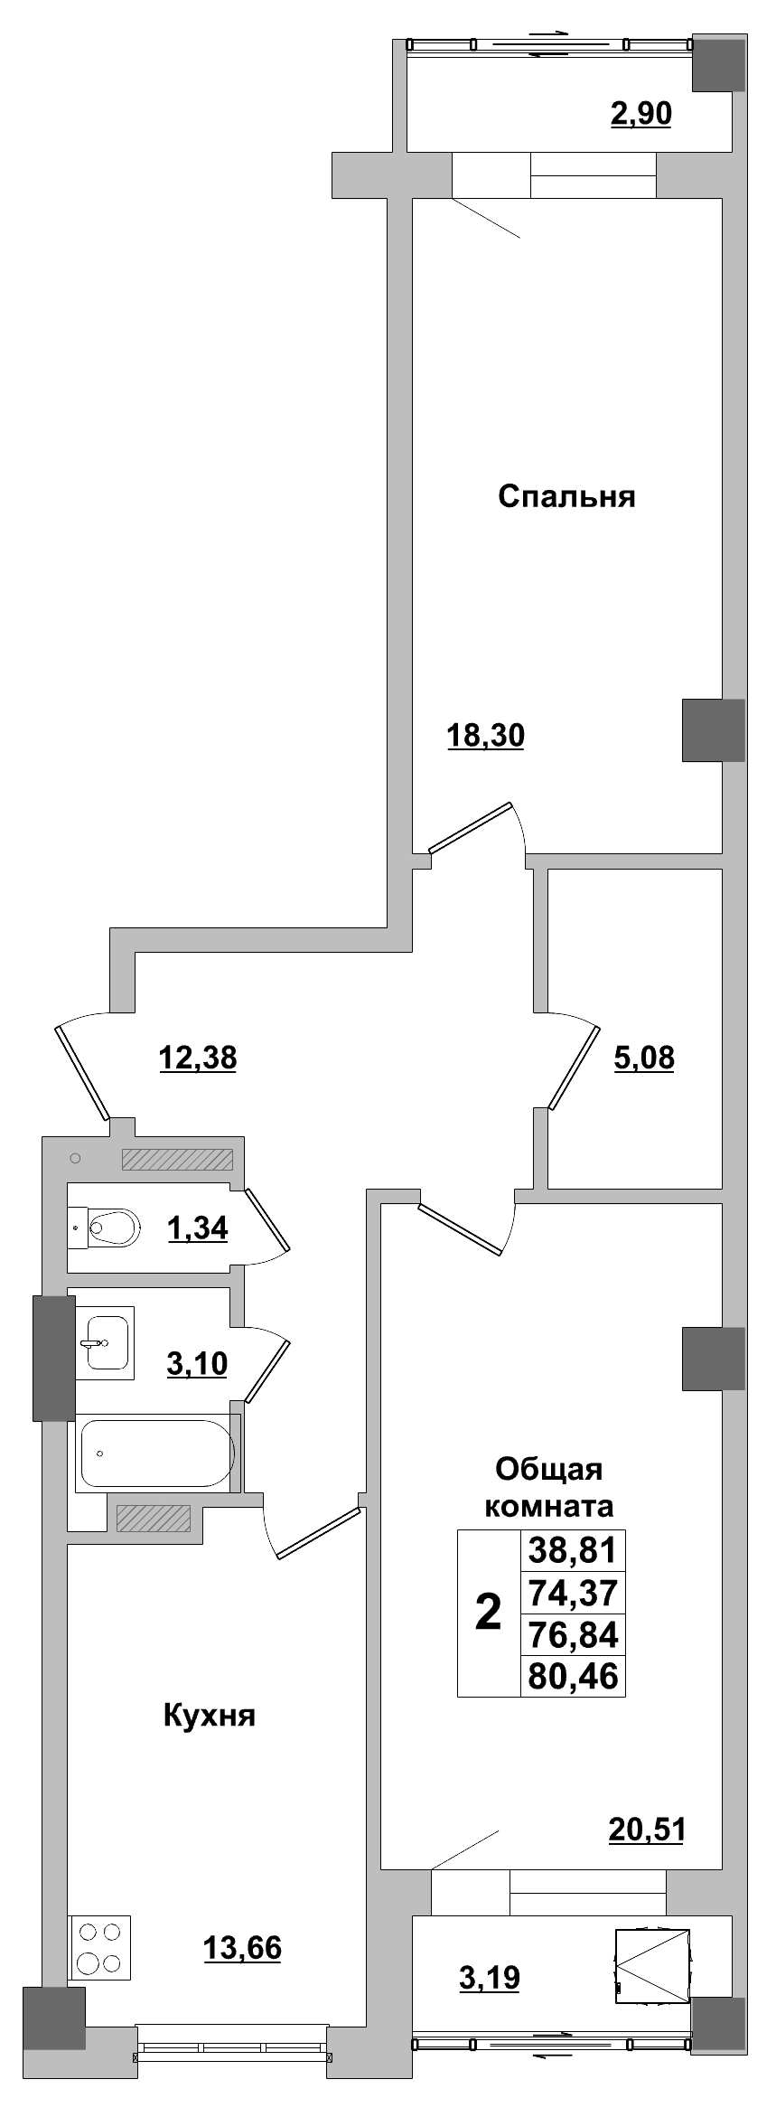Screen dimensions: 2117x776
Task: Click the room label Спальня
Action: pos(566,496)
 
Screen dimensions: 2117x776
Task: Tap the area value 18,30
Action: pos(485,736)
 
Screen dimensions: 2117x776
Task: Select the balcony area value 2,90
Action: pos(640,115)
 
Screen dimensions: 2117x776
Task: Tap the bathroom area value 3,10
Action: pos(197,1363)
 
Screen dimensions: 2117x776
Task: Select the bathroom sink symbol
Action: pos(104,1342)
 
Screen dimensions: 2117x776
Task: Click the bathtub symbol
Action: pos(156,1453)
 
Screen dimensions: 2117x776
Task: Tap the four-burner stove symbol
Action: pos(99,1947)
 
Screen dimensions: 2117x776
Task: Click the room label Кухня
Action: pos(210,1715)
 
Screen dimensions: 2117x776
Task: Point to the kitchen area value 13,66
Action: pos(242,1948)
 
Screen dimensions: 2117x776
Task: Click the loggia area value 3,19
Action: pos(490,1978)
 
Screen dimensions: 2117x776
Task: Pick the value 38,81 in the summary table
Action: pos(573,1550)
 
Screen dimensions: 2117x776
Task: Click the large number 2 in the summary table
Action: pos(488,1612)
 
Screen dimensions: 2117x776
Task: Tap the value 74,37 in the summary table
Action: pos(573,1592)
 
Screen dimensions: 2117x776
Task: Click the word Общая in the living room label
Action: pos(549,1469)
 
